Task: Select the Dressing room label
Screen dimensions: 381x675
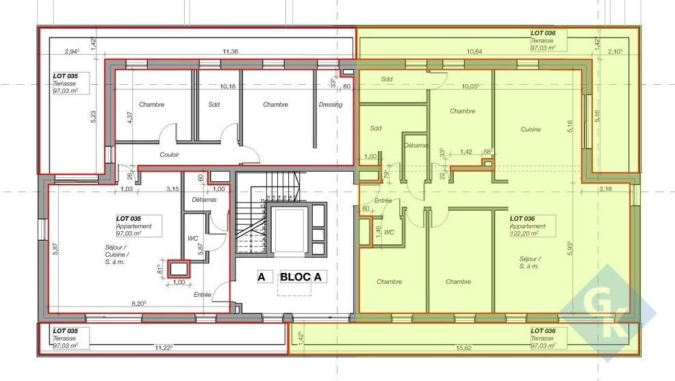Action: (330, 105)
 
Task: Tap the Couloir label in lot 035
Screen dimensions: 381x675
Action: (169, 155)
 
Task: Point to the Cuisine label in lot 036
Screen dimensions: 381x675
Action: (531, 129)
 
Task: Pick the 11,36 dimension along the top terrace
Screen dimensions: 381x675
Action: (230, 51)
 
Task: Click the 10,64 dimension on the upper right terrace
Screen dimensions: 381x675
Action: (474, 51)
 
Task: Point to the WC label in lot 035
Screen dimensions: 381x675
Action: (193, 239)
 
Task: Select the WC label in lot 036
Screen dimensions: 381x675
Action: (389, 233)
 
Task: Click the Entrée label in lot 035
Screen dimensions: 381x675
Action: (202, 294)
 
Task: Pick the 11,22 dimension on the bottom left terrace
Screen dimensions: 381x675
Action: (163, 347)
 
